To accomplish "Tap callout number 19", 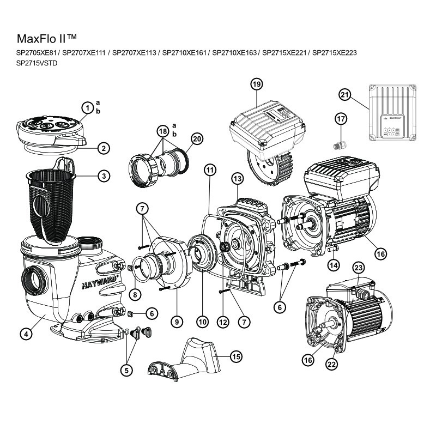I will pos(257,83).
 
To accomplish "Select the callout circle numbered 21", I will pos(344,94).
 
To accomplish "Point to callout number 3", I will pos(104,175).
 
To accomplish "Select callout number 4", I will pos(25,334).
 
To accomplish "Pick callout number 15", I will pos(235,356).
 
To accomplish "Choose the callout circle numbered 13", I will pos(237,178).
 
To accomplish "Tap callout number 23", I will pos(358,267).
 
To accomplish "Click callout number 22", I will pos(331,365).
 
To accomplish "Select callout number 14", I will pos(334,265).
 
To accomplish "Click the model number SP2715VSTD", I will pos(37,63).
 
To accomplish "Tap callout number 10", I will pos(202,322).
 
